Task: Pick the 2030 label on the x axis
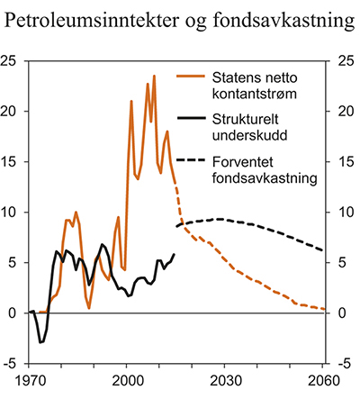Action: (x=225, y=381)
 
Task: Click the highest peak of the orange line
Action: (x=154, y=76)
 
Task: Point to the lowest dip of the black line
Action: (x=40, y=342)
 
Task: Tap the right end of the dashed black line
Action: (x=323, y=250)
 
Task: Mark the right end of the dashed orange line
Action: (x=323, y=309)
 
